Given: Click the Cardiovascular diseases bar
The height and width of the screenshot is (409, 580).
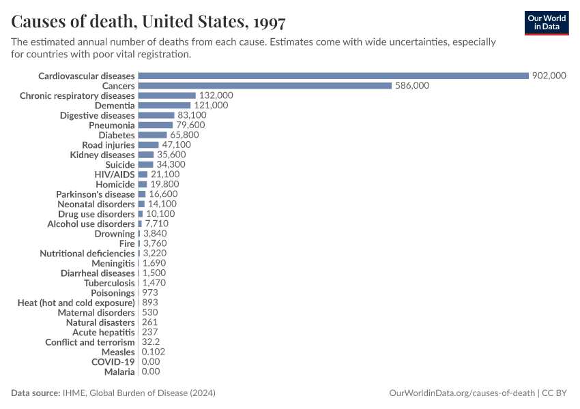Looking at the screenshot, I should point(334,76).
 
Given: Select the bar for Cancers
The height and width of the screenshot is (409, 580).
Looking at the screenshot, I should point(265,86).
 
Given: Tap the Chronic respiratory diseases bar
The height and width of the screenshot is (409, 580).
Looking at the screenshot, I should point(166,95).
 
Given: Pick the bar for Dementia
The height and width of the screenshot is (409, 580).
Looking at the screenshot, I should point(164,106).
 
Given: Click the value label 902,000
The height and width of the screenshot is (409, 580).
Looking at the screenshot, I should point(549,76).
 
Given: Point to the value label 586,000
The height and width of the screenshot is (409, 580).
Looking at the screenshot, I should point(412,86).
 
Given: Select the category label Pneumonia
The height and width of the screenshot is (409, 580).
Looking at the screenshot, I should point(111,125).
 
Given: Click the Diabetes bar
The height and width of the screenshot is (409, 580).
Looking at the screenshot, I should point(152,135).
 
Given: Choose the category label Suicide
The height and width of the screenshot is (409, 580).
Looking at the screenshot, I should point(119,165).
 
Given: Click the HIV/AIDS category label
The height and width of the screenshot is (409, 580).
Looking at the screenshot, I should point(115,175).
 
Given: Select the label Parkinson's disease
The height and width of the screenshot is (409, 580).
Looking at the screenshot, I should point(96,194).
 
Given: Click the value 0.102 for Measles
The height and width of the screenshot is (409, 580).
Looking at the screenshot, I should point(153,352).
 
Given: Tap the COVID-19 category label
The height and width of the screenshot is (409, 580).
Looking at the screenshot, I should point(113,362).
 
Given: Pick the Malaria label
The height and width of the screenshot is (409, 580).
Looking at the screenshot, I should point(119,372).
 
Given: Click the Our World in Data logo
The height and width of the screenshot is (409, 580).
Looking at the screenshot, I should point(546,22).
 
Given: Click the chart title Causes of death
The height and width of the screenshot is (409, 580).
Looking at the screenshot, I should point(148,22).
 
